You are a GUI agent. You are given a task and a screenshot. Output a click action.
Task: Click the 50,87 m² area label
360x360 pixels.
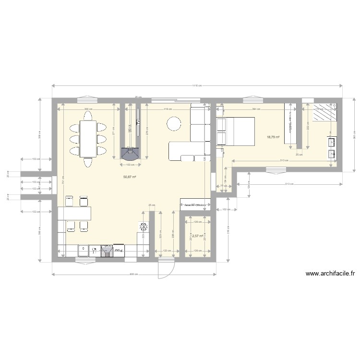[x=130, y=177]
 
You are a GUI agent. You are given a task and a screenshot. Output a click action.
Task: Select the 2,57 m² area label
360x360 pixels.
[x=198, y=236]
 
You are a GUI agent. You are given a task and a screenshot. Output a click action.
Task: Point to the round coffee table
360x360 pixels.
[x=174, y=124]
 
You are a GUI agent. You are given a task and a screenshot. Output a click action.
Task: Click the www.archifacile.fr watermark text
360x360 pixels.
[x=330, y=275]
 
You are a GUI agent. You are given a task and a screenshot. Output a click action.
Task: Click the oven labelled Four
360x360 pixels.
[x=118, y=250]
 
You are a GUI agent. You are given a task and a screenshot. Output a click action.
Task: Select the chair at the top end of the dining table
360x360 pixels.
[x=87, y=114]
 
